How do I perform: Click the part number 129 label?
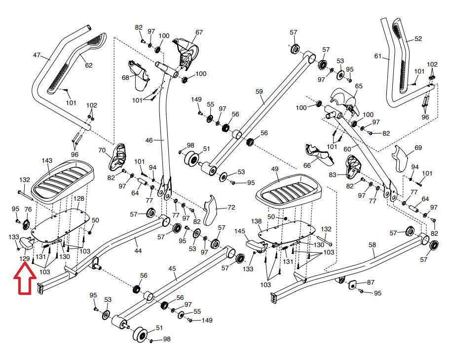(x=24, y=258)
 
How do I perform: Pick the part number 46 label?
(x=149, y=141)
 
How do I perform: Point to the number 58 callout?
(x=372, y=245)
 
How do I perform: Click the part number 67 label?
(x=199, y=33)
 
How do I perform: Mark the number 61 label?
(x=378, y=56)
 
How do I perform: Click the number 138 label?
(x=257, y=222)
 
